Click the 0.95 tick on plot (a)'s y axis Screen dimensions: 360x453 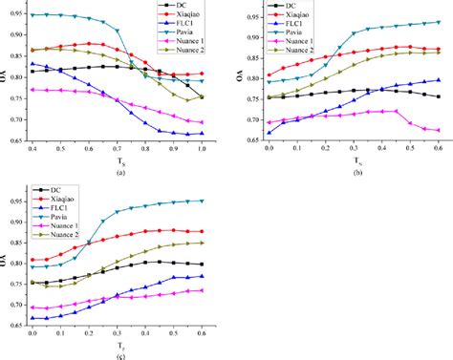[16, 14]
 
